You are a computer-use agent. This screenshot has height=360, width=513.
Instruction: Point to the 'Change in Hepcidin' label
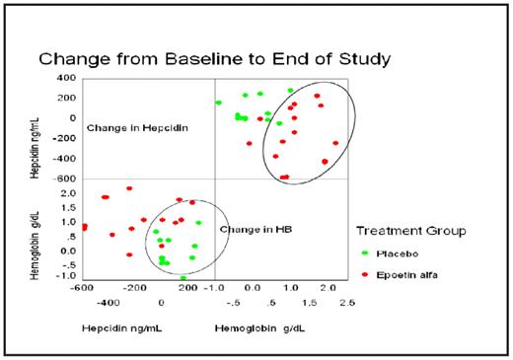pyautogui.click(x=137, y=128)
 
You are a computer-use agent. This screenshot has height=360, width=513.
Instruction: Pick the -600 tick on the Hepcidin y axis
pyautogui.click(x=64, y=179)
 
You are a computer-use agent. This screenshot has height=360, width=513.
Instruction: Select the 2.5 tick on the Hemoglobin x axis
pyautogui.click(x=345, y=302)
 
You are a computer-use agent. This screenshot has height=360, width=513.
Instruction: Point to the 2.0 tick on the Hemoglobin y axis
pyautogui.click(x=68, y=193)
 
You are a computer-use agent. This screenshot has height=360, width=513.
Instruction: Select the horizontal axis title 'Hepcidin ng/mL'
pyautogui.click(x=121, y=326)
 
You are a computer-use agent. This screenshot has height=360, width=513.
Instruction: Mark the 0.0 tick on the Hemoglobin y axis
pyautogui.click(x=68, y=251)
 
